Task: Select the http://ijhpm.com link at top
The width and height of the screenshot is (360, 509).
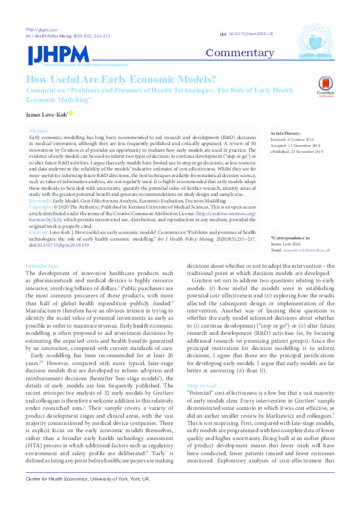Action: tap(37, 30)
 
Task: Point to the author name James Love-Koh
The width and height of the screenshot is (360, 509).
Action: tap(46, 114)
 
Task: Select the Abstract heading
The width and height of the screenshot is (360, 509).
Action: tap(38, 131)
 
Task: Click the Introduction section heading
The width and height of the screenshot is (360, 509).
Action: tap(42, 266)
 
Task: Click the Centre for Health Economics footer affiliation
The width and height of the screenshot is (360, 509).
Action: tap(88, 495)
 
